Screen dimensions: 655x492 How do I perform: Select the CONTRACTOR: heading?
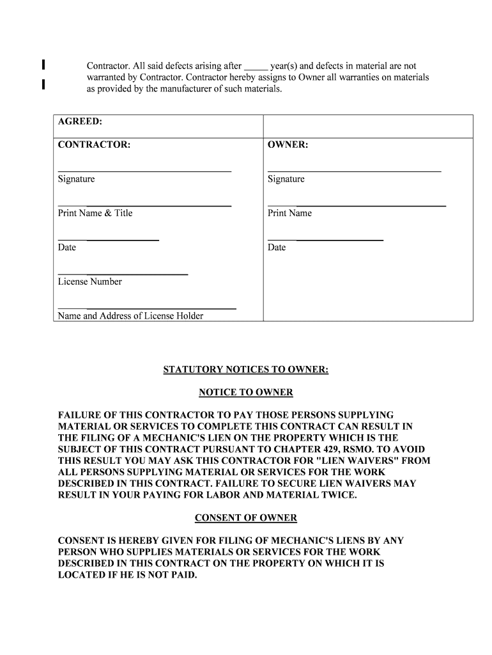pos(95,145)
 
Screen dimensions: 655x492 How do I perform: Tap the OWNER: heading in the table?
pos(288,145)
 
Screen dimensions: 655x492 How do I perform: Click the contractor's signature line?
pos(144,171)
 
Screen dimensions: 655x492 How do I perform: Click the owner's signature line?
pos(354,171)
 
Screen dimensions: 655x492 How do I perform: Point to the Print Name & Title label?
pos(95,213)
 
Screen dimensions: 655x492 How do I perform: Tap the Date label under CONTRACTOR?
pos(67,248)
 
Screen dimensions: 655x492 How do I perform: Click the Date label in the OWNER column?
pos(277,248)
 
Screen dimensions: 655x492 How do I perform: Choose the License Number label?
pos(90,281)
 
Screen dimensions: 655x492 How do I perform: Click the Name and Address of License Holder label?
pos(131,316)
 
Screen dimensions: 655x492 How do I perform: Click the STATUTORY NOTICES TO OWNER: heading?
pos(246,370)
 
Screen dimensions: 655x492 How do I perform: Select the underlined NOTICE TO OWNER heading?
pos(246,392)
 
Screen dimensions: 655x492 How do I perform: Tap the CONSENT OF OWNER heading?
pos(246,517)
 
